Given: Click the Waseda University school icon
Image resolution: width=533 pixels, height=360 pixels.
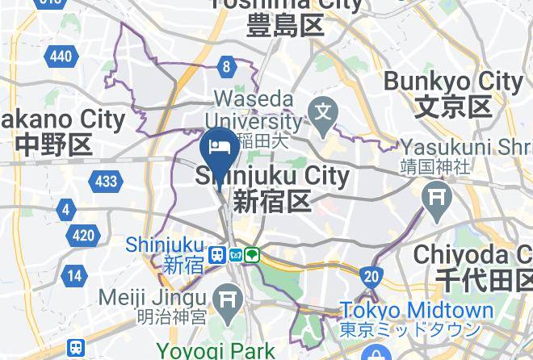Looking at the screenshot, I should coord(325,108).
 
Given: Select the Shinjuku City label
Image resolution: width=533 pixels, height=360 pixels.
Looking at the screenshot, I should coord(273,176).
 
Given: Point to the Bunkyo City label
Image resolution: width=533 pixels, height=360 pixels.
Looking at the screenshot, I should coord(453,82).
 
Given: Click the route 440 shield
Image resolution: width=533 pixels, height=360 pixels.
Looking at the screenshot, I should coord(61,56).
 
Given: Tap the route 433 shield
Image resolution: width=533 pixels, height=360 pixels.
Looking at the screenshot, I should coord(106,182).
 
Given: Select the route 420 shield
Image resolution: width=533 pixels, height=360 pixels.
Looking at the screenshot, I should coord(83,236).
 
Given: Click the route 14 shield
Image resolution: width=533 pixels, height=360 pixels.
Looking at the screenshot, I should coord(74,275).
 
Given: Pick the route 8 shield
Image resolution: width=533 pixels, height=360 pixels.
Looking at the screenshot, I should coord(228,68).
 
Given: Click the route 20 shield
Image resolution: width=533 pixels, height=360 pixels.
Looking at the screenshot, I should coord(371,277).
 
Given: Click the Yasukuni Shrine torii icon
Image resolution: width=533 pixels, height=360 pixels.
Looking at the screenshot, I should coord(438,195).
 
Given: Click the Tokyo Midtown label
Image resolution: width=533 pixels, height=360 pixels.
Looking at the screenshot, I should coord(416,311).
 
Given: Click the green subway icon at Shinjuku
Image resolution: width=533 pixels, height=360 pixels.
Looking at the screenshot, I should coord(252,255).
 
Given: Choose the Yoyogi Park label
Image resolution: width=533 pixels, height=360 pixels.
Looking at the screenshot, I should coord(216,351).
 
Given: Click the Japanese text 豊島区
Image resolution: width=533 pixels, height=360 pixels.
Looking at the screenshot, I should coord(287,26).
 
